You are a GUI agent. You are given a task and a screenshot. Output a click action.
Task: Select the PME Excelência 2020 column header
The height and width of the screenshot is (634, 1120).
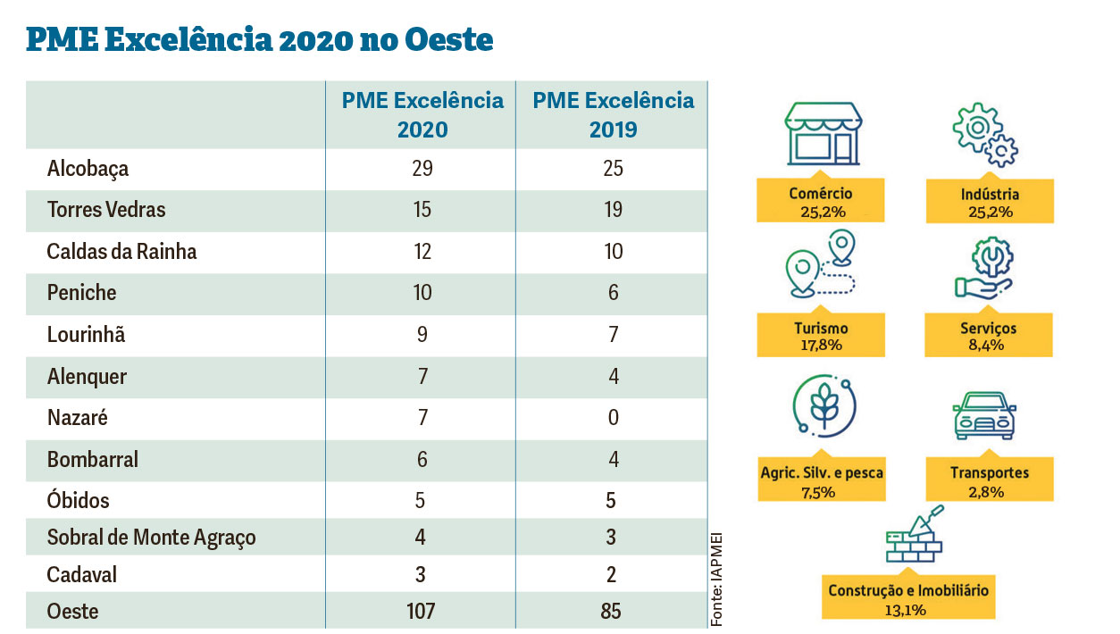coord(422,114)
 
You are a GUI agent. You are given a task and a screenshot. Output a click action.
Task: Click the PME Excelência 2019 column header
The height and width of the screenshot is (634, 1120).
coord(613,114)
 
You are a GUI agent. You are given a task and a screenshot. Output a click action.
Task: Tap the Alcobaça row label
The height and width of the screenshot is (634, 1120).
coord(88,169)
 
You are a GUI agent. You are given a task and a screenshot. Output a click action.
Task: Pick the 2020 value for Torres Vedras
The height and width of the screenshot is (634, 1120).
coord(422,210)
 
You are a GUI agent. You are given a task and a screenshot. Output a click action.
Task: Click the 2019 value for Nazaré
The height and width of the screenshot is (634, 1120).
coord(613,418)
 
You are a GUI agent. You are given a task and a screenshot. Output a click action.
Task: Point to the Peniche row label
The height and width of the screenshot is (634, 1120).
coord(81,293)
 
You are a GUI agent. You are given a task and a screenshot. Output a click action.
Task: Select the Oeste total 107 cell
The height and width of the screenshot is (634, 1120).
coord(422,612)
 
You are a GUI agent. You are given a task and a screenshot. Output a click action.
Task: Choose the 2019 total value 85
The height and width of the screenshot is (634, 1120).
coord(613,612)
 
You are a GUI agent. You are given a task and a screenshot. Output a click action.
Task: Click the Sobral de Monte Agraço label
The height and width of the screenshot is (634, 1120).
coord(151,538)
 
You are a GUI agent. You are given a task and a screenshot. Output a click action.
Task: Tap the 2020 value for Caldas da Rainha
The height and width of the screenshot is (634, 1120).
coord(422,252)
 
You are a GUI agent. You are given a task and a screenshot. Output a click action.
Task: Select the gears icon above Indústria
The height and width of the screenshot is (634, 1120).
coord(985,136)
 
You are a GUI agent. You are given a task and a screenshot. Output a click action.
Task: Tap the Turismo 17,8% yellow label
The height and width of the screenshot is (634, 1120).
coord(820,336)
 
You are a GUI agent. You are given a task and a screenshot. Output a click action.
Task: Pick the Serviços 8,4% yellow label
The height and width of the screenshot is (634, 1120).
coord(989,336)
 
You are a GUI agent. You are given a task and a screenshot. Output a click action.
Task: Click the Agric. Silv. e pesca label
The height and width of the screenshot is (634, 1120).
coord(820,480)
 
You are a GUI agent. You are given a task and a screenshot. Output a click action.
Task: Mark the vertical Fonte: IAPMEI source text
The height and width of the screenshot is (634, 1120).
coord(716,579)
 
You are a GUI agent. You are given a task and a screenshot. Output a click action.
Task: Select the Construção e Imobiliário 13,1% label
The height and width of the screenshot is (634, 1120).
coord(908,599)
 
